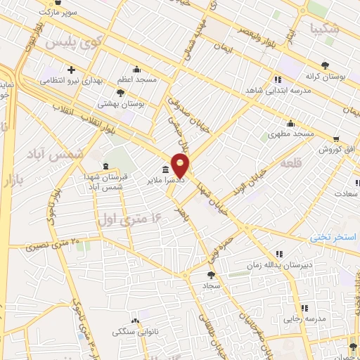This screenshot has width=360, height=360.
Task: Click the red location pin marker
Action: [x=181, y=165]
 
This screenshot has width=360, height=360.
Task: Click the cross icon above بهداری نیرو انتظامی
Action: [x=71, y=70]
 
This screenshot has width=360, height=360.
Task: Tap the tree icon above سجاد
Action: [x=211, y=275]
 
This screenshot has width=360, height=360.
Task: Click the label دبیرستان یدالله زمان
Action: [x=278, y=265]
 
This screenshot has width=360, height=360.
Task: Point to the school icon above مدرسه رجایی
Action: [x=304, y=307]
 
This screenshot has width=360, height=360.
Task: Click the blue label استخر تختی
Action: [x=334, y=238]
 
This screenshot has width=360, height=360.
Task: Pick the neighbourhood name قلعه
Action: [x=290, y=162]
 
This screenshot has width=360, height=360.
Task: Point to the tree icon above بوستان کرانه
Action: [x=326, y=65]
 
